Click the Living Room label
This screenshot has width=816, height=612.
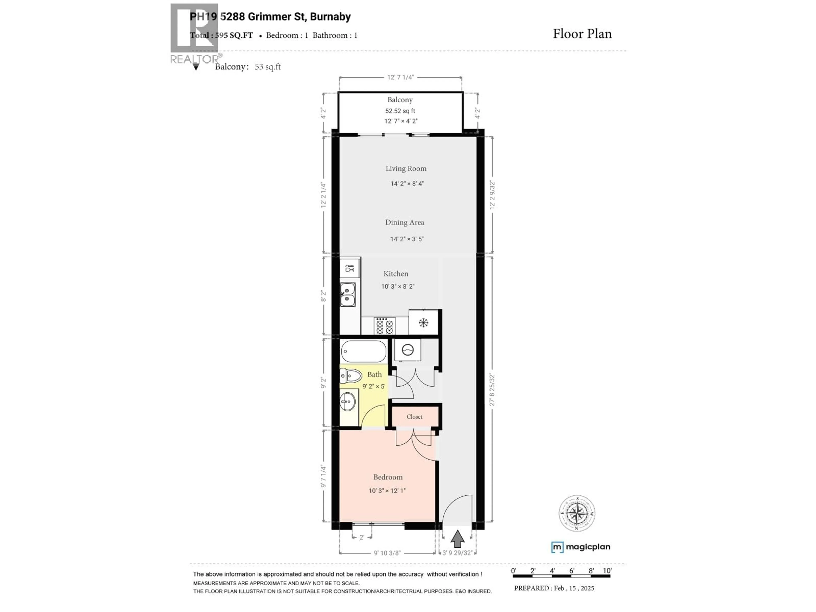[406, 169]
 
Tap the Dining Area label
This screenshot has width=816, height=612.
[405, 222]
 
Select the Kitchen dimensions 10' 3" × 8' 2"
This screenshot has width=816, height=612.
[398, 286]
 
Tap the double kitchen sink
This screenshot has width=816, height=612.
[347, 294]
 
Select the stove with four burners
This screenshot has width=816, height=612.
[385, 326]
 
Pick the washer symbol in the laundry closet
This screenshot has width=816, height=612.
[408, 350]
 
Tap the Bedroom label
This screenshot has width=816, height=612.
[388, 477]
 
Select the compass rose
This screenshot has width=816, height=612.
[577, 513]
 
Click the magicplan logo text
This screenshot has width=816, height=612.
[588, 547]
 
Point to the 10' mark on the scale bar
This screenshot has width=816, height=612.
[607, 571]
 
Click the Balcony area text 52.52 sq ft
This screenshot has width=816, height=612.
[400, 111]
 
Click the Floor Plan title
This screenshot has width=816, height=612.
[582, 34]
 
